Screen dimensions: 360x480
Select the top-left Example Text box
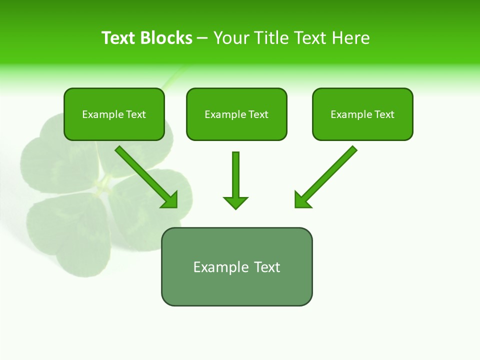114,114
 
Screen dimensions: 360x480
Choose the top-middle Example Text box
236,114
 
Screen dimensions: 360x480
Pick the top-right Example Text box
362,114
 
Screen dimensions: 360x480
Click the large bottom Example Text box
236,266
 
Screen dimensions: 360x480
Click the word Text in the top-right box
384,114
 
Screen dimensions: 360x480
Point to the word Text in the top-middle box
258,114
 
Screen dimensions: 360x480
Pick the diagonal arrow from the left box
145,176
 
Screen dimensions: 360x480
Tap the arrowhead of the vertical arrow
235,202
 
